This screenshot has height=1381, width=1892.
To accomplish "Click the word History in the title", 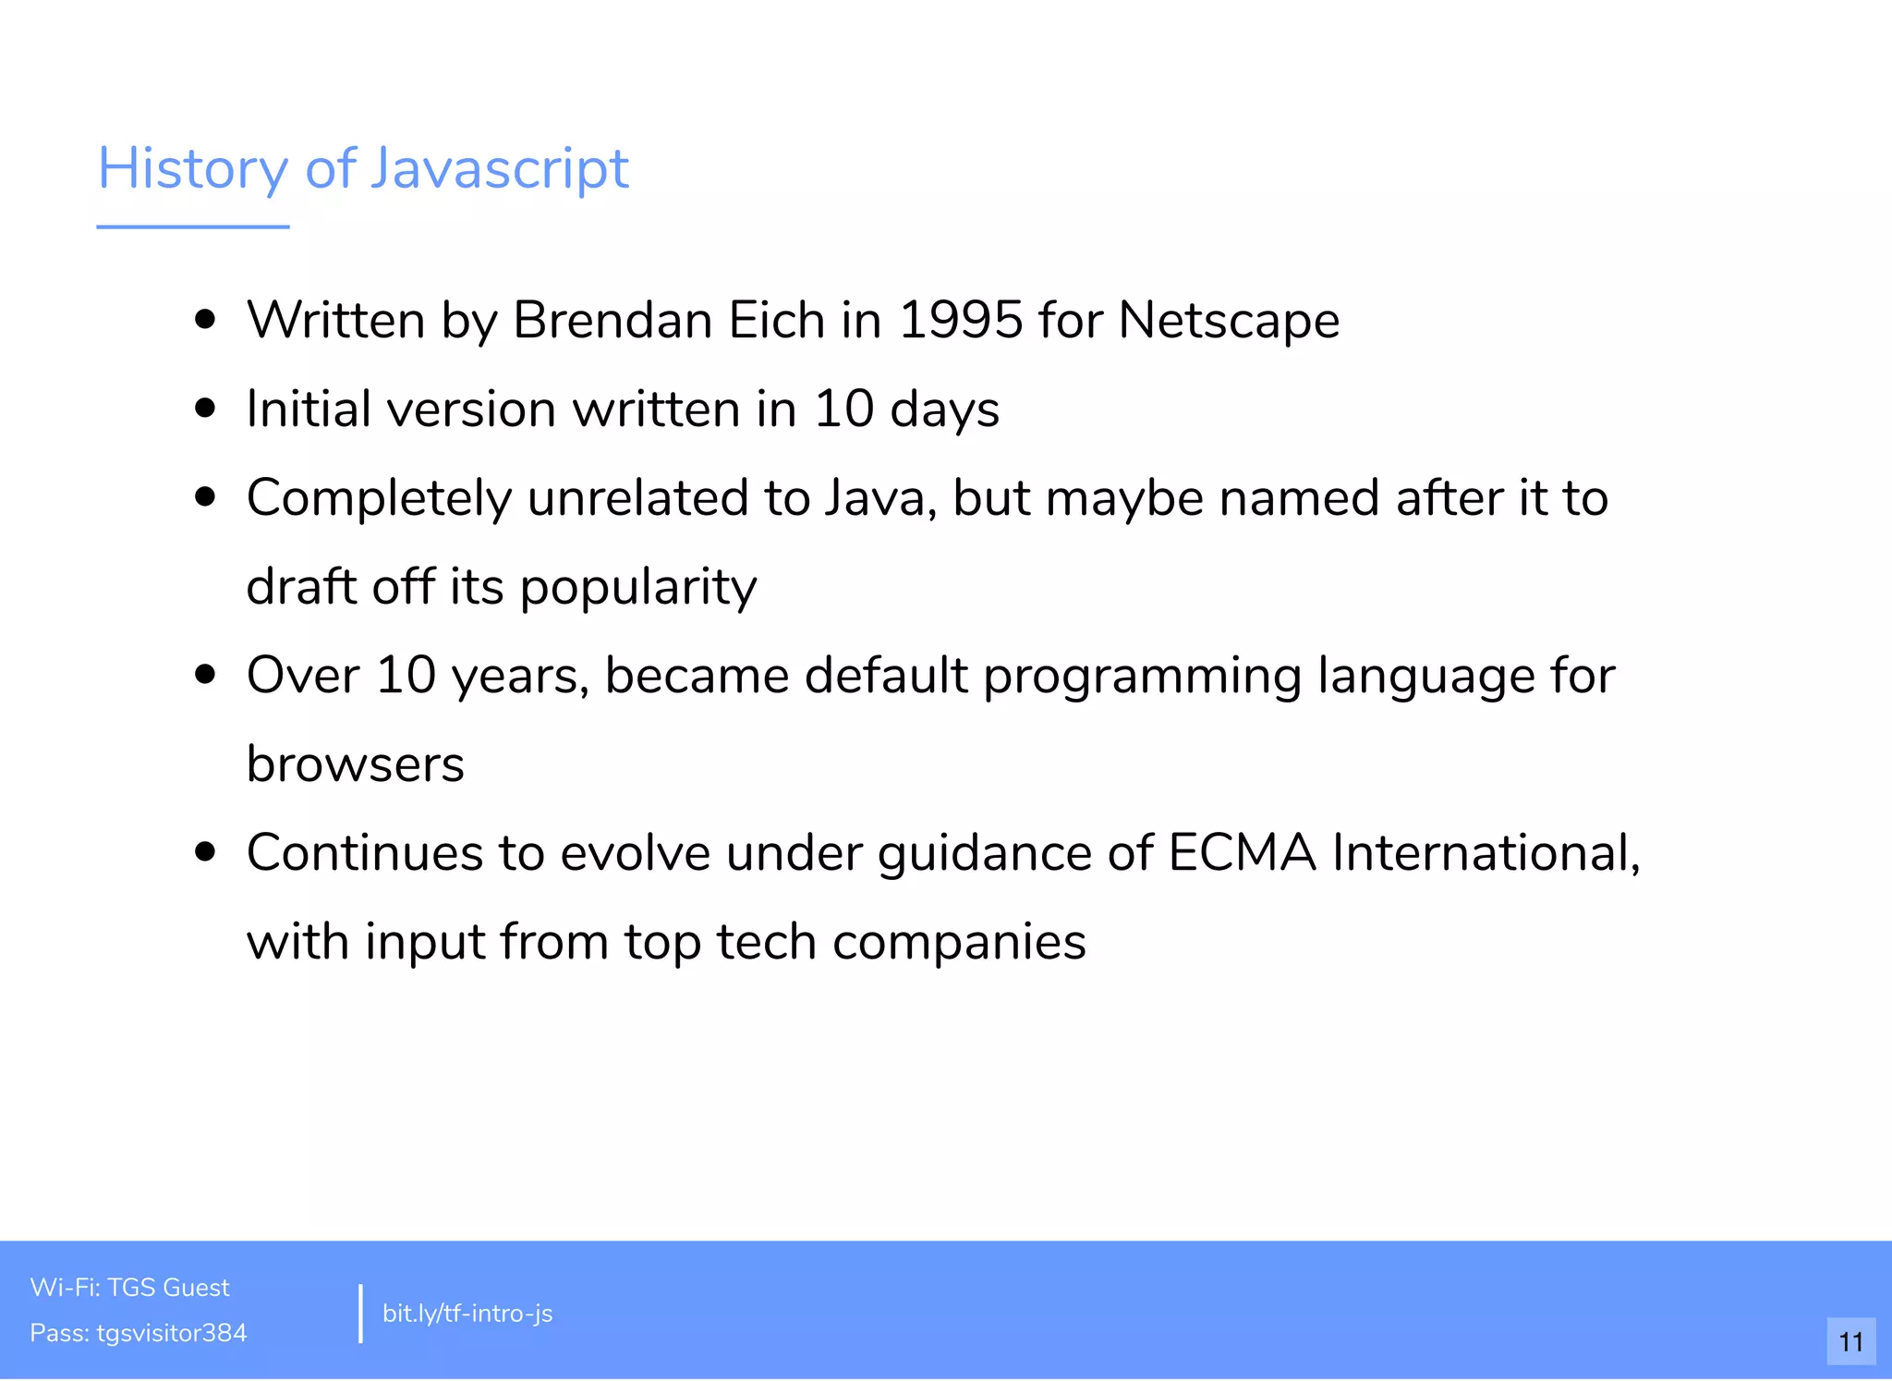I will tap(193, 169).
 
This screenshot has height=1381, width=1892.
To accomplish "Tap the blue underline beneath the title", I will tap(193, 226).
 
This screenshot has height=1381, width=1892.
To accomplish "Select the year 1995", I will tap(960, 321).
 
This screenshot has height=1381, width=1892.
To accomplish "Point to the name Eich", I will tap(776, 321).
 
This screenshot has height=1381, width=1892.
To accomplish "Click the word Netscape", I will tap(1229, 321).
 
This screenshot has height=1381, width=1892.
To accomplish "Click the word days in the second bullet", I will tap(944, 409).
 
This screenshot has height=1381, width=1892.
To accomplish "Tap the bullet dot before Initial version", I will tap(205, 409).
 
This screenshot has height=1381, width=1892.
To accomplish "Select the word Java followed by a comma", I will tap(880, 498).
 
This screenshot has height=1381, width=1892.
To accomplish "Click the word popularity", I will tap(638, 587).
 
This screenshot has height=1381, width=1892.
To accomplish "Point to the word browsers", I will tap(356, 764).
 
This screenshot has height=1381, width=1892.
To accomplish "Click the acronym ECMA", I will tap(1242, 852).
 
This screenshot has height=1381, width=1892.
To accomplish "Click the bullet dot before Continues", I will tap(205, 852).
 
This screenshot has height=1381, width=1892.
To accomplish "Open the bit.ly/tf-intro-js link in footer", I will tap(467, 1314).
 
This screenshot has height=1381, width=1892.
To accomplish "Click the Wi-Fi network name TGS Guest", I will tap(168, 1288).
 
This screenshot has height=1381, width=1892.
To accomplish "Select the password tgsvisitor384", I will tap(172, 1333).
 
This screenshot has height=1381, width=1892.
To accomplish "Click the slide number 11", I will tap(1850, 1341).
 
